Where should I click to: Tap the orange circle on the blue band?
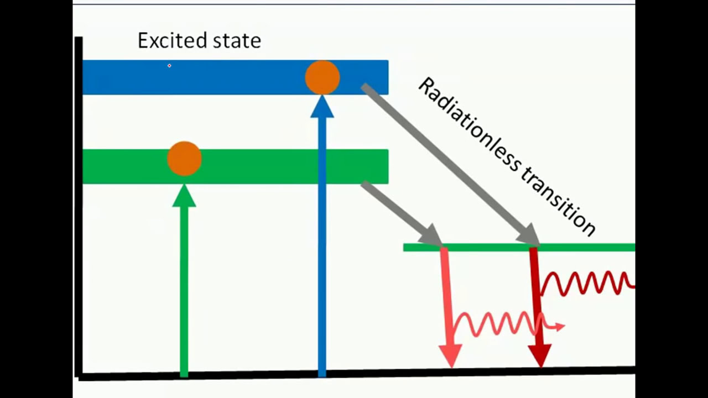pyautogui.click(x=322, y=77)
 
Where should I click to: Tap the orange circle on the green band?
pyautogui.click(x=184, y=159)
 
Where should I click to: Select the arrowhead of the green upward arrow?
pyautogui.click(x=184, y=197)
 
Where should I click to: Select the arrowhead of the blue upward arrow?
pyautogui.click(x=322, y=107)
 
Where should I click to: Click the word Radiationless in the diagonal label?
pyautogui.click(x=471, y=129)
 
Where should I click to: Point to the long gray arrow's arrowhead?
pyautogui.click(x=528, y=234)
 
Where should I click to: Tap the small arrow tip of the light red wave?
pyautogui.click(x=560, y=327)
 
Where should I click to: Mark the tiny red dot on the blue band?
pyautogui.click(x=169, y=66)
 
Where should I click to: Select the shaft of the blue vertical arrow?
pyautogui.click(x=322, y=249)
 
